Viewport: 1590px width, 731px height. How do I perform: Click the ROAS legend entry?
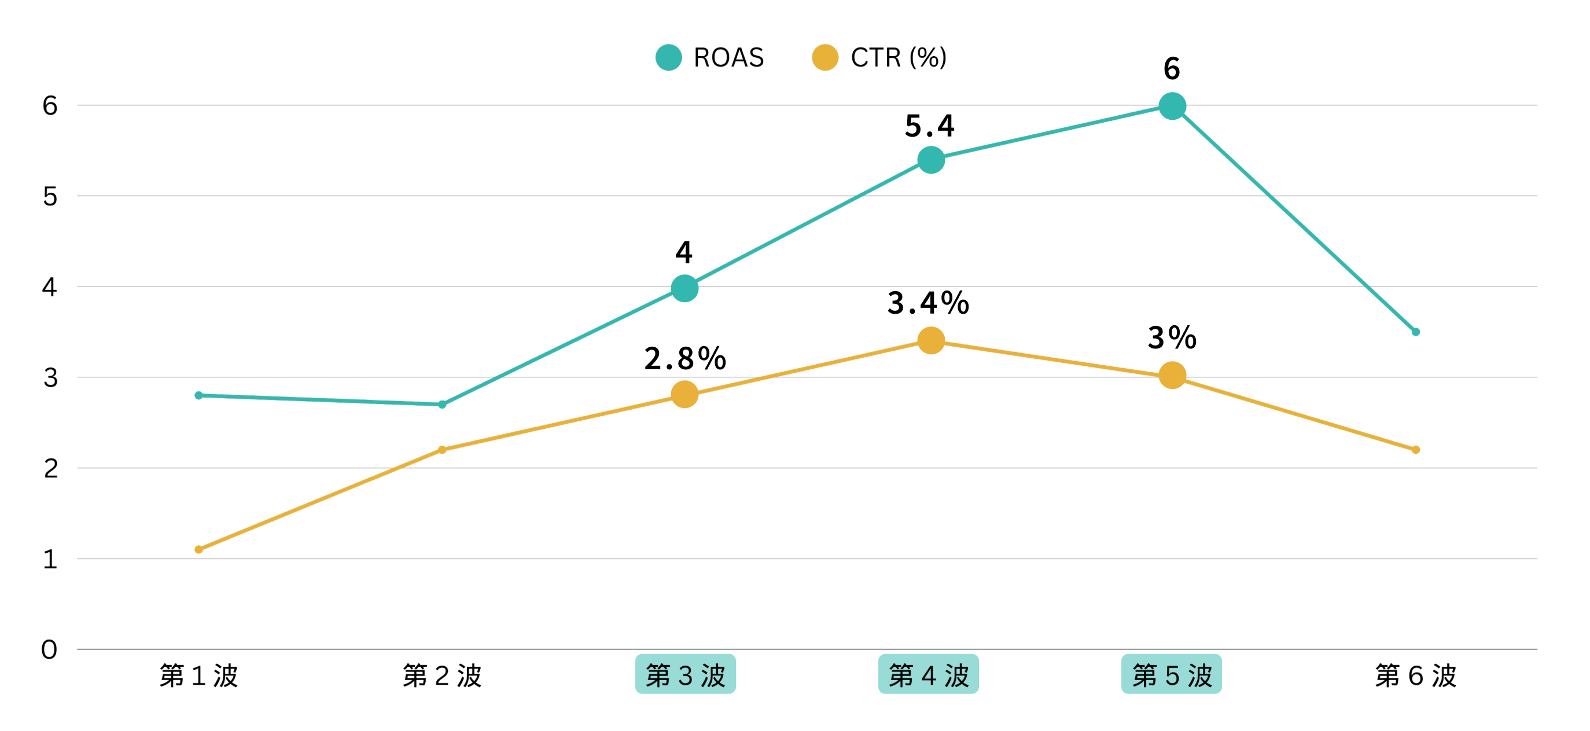pos(710,57)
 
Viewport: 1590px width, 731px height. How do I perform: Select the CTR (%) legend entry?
pos(879,57)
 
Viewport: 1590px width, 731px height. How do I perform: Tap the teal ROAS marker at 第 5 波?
pos(1172,106)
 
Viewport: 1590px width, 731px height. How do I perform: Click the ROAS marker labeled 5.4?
pos(931,160)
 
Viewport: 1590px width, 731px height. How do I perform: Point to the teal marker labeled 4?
pos(684,288)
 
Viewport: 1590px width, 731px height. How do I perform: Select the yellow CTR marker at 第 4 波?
pos(931,340)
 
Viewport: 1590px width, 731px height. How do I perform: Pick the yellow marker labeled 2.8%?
pos(684,394)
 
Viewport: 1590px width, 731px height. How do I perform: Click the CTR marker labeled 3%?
pos(1172,376)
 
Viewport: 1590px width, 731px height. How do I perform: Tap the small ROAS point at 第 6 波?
pos(1416,332)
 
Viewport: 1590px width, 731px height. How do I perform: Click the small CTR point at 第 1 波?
pos(199,549)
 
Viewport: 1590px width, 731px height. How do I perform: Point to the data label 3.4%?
pos(928,303)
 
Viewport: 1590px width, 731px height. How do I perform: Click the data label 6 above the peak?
pos(1172,68)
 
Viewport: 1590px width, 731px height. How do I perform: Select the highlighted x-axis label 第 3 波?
pos(685,675)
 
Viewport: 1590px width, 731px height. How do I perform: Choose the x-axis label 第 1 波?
pos(199,675)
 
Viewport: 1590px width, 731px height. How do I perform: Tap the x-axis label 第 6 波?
pos(1416,675)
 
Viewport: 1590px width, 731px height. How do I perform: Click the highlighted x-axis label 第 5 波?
pos(1172,675)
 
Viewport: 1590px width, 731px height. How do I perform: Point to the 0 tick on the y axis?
pos(49,649)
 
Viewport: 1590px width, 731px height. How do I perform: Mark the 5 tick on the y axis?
pos(49,196)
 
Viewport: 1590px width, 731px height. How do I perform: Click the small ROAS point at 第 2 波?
pos(442,405)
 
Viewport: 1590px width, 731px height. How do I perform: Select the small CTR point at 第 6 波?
pos(1416,450)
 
